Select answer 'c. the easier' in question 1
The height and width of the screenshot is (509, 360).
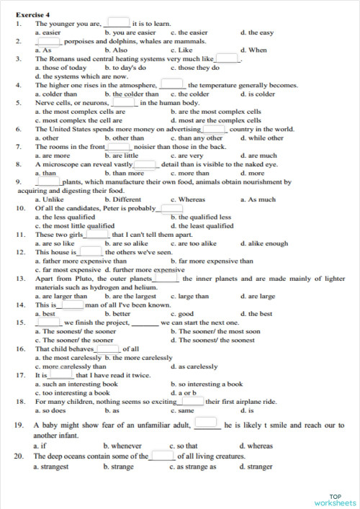point(189,32)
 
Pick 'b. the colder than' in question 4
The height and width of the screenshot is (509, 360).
point(131,94)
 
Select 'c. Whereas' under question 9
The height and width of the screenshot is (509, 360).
point(188,199)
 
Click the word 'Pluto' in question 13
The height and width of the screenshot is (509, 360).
point(73,278)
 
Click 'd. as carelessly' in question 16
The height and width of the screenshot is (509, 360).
point(194,366)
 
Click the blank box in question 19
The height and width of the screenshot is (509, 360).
point(206,423)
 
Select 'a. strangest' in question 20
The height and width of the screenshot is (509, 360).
point(52,467)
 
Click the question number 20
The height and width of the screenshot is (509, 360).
point(19,456)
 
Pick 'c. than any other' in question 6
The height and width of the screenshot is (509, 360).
point(197,138)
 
